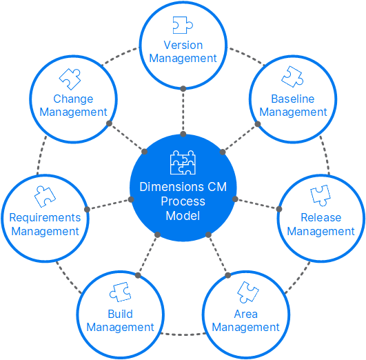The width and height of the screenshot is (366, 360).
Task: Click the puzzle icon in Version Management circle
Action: pos(183,26)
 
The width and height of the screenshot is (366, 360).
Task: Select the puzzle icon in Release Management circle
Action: pos(321,195)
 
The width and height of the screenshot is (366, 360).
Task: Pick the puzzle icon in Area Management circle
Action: pos(246,292)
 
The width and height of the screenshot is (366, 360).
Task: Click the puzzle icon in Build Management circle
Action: pos(120,292)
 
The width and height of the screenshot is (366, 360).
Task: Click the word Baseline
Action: pos(293,99)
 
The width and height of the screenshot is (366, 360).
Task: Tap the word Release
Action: pos(321,218)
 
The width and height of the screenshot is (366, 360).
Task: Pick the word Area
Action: pos(246,314)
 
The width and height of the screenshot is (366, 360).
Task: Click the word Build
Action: pos(120,314)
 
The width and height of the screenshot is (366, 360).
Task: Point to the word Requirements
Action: pos(45,218)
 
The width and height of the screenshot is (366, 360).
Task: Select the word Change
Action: pos(73,99)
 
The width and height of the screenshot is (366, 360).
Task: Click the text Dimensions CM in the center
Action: pos(183,187)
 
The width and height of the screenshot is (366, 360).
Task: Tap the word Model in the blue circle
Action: pos(183,216)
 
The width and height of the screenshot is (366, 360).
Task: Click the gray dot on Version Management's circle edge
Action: pos(183,88)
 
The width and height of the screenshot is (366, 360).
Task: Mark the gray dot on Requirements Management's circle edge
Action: pos(87,209)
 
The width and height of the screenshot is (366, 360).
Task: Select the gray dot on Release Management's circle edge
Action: pos(279,209)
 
